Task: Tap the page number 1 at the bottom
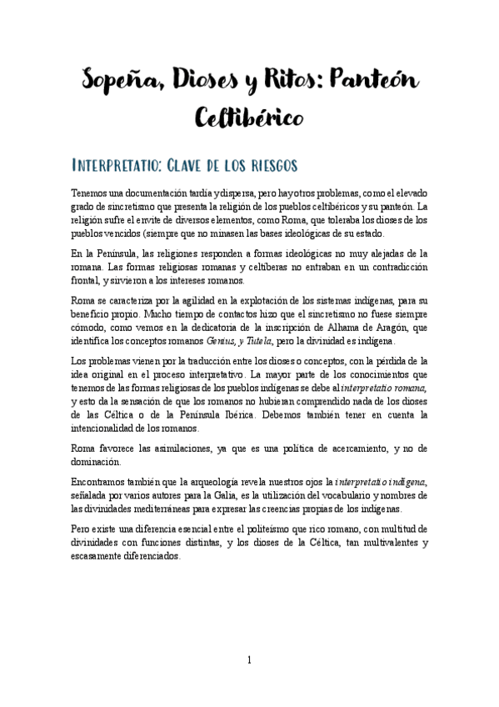(248, 659)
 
